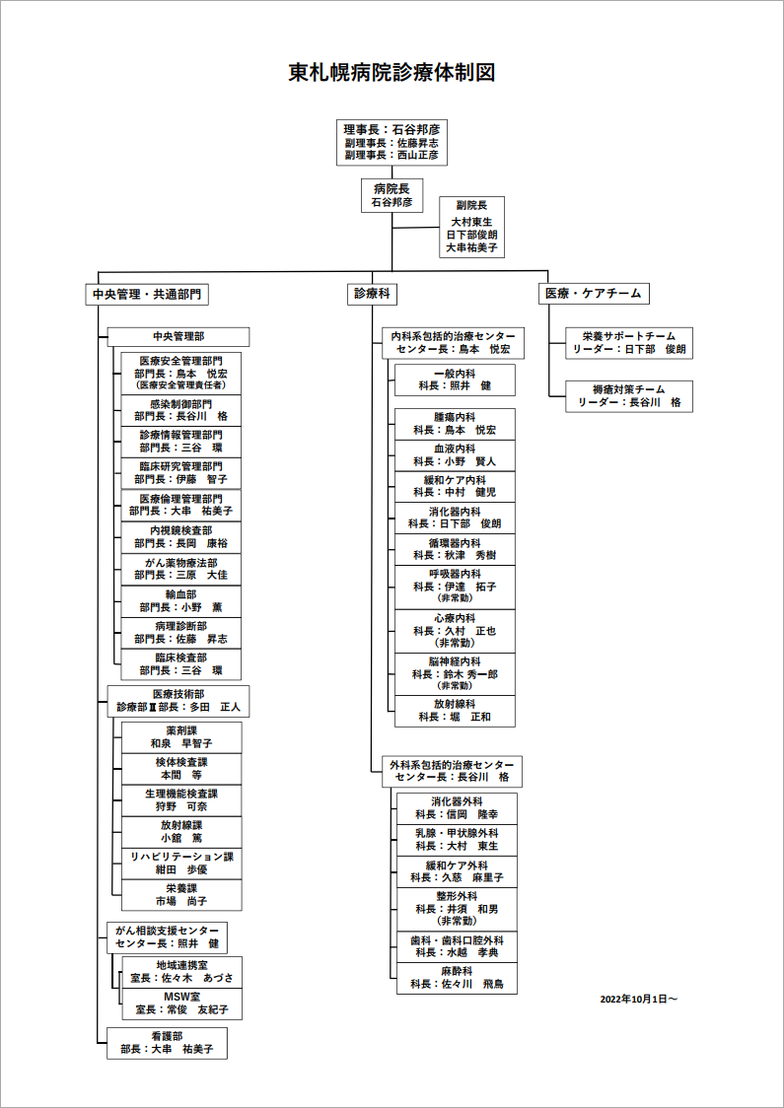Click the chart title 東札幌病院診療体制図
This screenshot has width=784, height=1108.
(x=391, y=72)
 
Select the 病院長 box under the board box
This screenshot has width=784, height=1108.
(x=392, y=194)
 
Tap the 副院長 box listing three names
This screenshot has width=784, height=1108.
(x=471, y=228)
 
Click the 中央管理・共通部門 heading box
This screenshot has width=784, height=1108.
(x=147, y=294)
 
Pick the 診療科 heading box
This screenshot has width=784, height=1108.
(x=372, y=294)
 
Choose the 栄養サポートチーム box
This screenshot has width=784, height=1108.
(x=629, y=343)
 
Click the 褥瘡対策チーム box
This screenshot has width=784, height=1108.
(x=629, y=396)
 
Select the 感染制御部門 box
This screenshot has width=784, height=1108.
(x=181, y=410)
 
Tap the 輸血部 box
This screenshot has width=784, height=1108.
(x=181, y=601)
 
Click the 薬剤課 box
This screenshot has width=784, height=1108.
(x=181, y=737)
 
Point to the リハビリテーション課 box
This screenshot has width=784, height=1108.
(x=181, y=864)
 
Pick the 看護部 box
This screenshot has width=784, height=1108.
(x=166, y=1043)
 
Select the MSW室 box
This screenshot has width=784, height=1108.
(x=181, y=1004)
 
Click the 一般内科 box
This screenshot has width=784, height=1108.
(x=455, y=380)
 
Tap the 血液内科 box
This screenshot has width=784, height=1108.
(x=455, y=454)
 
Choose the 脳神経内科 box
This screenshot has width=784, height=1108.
(x=455, y=673)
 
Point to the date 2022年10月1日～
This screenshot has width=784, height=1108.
(x=638, y=999)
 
